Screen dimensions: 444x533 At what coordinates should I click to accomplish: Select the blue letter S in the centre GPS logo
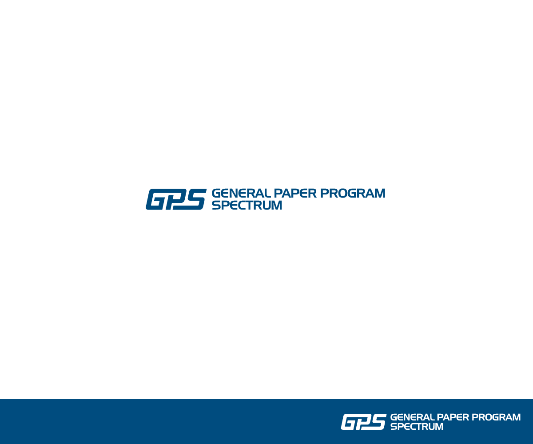(x=195, y=199)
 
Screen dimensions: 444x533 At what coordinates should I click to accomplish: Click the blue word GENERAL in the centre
(x=240, y=194)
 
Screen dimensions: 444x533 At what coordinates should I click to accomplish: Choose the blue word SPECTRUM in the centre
(x=247, y=205)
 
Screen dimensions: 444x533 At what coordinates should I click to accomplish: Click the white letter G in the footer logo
(x=349, y=422)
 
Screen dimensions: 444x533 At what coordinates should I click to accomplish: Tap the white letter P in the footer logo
(x=363, y=422)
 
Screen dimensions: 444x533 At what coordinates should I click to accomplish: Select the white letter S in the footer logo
(x=378, y=422)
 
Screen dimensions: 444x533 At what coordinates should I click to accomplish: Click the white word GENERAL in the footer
(x=412, y=417)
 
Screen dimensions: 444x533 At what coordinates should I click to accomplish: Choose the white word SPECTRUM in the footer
(x=417, y=427)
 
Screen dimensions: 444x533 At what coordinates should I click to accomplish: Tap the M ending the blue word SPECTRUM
(x=276, y=205)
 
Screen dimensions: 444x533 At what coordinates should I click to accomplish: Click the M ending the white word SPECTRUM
(x=438, y=427)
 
